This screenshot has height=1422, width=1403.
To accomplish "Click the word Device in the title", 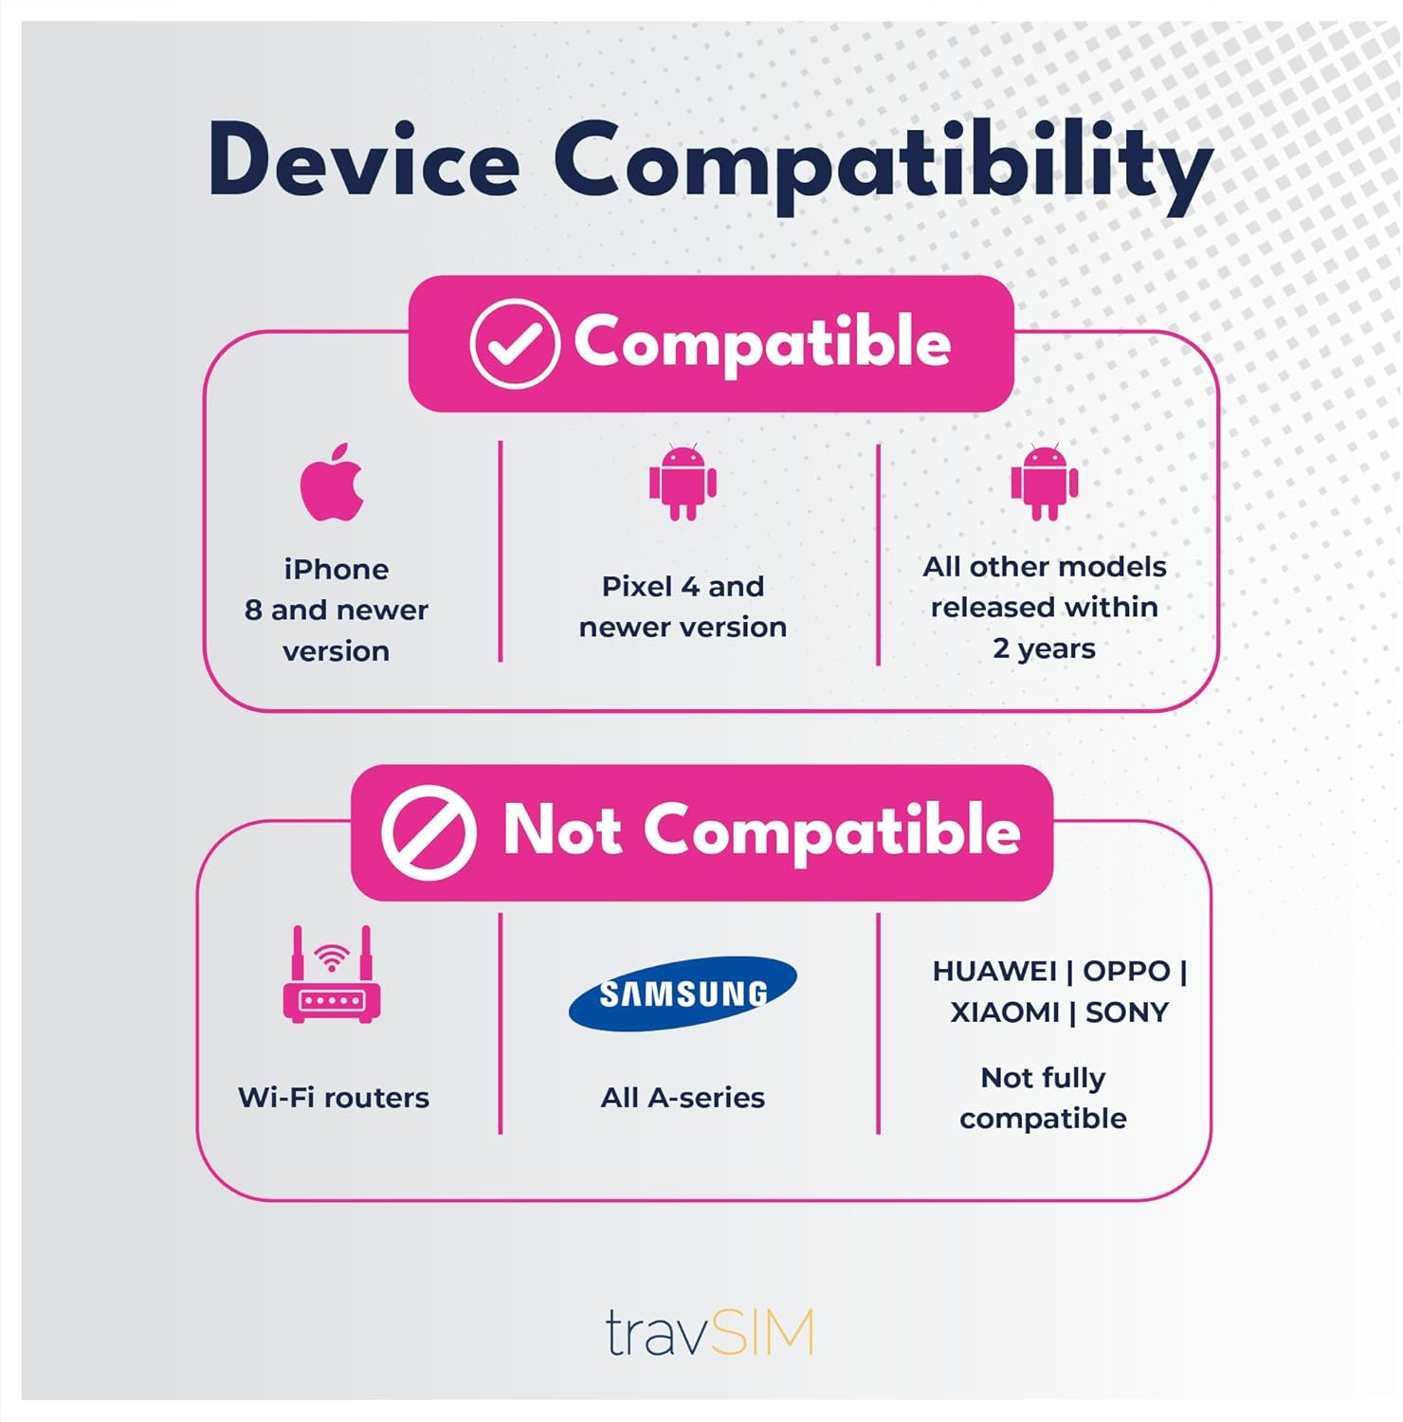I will coord(364,160).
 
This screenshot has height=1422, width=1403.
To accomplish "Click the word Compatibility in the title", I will coord(883,163).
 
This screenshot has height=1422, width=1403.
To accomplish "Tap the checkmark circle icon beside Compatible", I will coord(514,343).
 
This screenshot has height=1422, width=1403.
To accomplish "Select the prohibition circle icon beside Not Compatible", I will coord(428,832).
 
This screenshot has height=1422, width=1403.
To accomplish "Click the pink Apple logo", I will coord(332,483).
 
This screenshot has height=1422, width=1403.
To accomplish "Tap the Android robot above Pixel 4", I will coord(683,482).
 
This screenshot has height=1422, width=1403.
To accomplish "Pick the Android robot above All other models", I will coord(1044,482).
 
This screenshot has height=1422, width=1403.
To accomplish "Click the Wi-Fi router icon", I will coord(332,975).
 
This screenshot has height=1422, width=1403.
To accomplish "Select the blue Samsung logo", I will coord(683,993).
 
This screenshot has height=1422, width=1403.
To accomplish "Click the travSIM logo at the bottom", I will coord(709,1333).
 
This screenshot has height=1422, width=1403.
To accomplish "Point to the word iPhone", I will coord(336,569).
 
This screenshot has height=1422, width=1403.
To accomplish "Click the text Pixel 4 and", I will coord(683,586).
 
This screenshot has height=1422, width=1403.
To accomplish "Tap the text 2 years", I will coord(1044,648).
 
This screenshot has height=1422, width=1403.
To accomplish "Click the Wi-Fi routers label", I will coord(334,1097).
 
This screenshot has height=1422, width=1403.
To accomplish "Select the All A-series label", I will coord(683,1097).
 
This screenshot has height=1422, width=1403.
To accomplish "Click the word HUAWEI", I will coord(994,971).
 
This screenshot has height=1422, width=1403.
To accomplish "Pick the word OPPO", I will coord(1126,971).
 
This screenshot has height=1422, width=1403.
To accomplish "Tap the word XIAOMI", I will coord(1005,1012).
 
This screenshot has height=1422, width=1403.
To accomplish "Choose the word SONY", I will coord(1127,1012).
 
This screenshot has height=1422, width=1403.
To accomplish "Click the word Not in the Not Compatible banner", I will coord(562,830).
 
